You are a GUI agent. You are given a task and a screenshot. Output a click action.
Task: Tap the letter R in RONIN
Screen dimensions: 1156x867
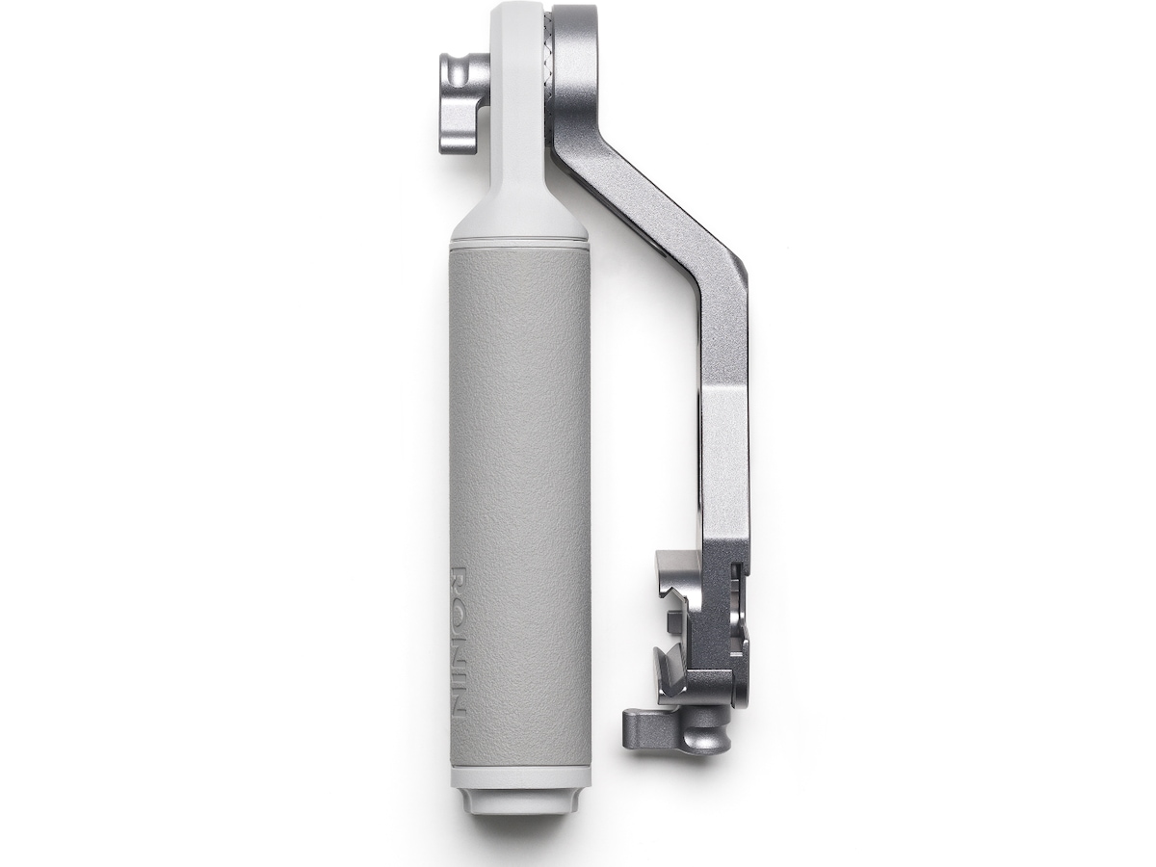click(459, 579)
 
